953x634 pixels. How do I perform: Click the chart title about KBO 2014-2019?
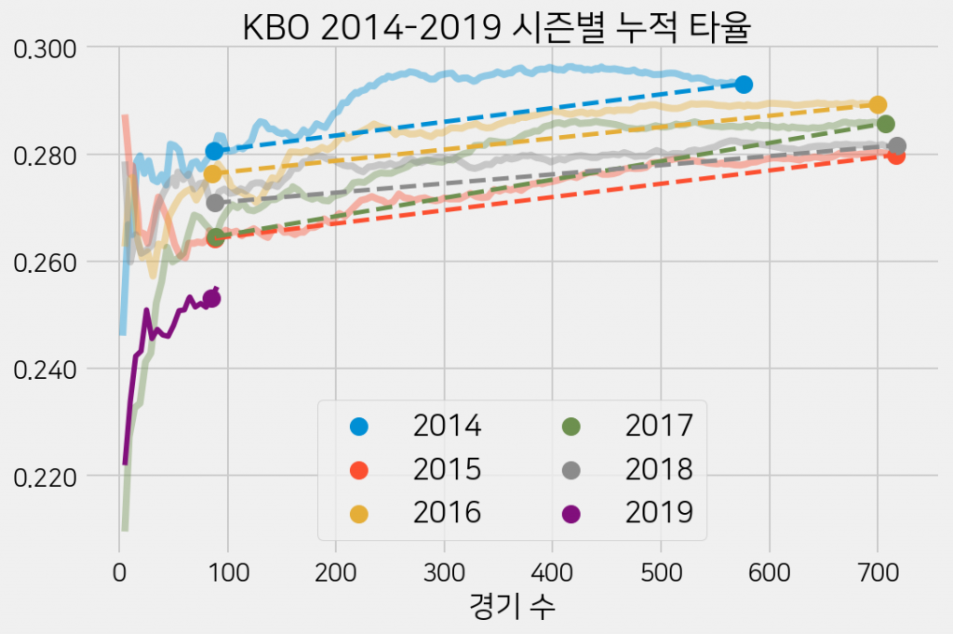coord(496,27)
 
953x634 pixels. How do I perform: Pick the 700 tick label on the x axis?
coord(878,569)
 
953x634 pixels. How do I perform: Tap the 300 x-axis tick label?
coord(444,569)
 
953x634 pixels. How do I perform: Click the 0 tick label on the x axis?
coord(119,569)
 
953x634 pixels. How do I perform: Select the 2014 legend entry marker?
coord(358,426)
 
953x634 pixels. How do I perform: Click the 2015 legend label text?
coord(447,469)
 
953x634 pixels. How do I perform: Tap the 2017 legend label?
coord(659,426)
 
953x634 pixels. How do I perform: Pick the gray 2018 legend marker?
coord(570,469)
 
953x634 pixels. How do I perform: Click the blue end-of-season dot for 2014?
coord(743,85)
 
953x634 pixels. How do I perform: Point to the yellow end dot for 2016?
coord(878,104)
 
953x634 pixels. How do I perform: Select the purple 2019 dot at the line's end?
coord(211,299)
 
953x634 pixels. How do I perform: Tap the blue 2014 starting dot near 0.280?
coord(215,151)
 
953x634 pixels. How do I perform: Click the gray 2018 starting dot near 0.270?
coord(215,203)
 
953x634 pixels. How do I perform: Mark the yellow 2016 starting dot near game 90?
coord(212,174)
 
